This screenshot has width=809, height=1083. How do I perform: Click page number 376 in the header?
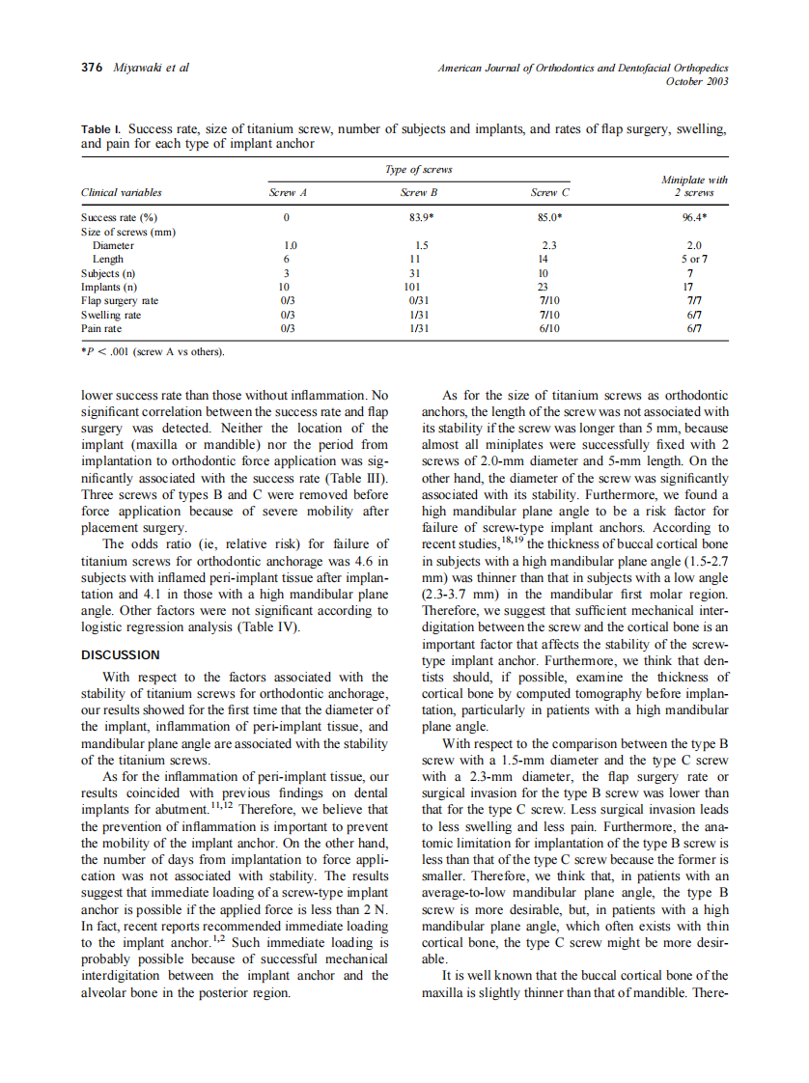point(93,68)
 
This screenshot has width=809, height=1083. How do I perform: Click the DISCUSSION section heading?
point(121,654)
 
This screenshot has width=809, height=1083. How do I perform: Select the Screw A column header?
point(287,192)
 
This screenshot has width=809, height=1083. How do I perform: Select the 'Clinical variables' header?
point(122,192)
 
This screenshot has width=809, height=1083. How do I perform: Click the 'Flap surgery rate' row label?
point(120,301)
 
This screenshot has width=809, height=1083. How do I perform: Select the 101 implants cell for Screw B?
point(415,288)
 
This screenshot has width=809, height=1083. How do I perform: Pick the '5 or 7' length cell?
point(694,260)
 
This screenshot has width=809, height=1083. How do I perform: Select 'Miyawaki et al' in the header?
point(151,68)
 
